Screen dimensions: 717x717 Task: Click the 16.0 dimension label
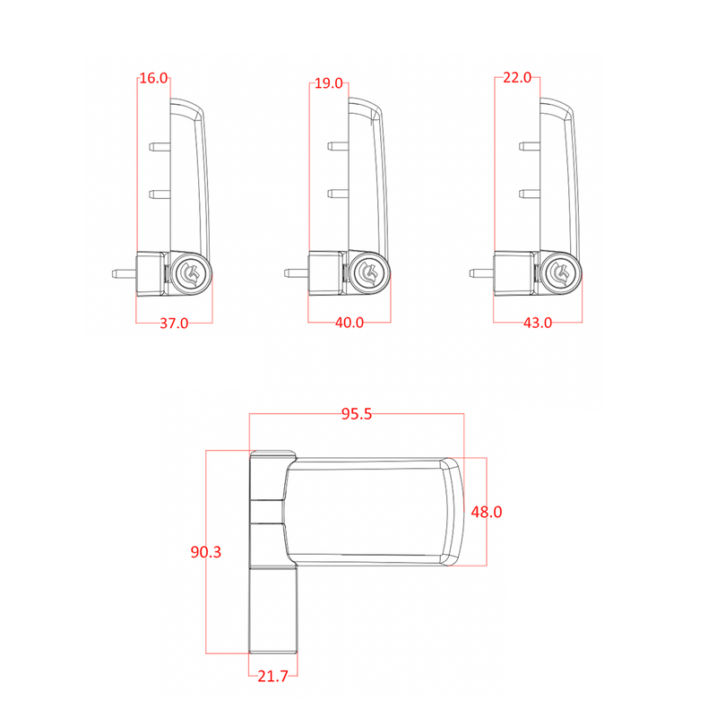153,78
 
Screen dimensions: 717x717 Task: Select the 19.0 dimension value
329,83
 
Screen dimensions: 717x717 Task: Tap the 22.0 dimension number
517,78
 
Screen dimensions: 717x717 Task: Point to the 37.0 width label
174,324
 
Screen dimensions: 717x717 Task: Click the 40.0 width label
350,323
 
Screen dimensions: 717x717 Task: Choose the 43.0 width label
538,323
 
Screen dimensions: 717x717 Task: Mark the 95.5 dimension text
357,414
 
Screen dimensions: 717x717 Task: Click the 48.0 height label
487,512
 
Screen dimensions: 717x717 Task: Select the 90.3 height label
206,552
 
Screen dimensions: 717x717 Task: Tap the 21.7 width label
273,676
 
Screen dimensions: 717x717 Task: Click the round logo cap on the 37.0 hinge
189,274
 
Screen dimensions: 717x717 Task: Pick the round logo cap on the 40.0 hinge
367,273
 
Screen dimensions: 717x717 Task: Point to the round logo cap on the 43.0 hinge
559,273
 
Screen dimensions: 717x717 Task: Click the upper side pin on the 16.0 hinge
160,147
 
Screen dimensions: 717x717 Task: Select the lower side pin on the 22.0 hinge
530,194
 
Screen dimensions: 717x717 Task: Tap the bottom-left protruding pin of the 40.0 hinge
296,273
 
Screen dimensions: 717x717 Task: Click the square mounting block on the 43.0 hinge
514,273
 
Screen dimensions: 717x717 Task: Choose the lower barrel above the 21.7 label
273,610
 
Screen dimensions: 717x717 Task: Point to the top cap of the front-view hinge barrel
273,454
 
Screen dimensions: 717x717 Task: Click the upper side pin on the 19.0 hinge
339,146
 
